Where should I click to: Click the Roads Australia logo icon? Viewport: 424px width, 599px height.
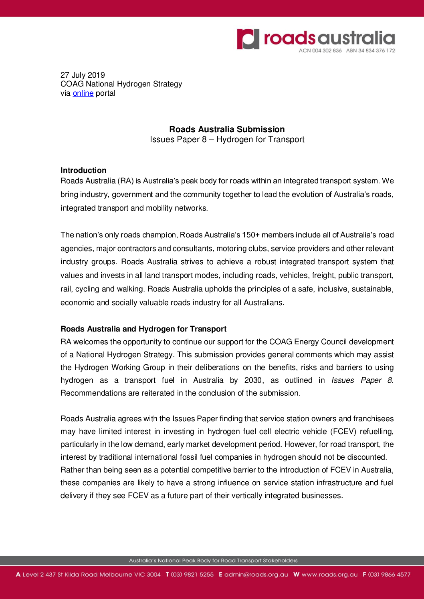click(x=248, y=39)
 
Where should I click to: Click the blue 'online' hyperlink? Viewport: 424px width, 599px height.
click(x=83, y=93)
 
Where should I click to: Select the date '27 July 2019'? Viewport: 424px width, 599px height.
click(x=83, y=75)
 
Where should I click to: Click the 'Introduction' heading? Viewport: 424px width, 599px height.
click(x=83, y=170)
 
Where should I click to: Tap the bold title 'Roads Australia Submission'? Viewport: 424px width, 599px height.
click(x=227, y=129)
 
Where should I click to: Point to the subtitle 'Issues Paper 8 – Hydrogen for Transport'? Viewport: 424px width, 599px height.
click(x=227, y=139)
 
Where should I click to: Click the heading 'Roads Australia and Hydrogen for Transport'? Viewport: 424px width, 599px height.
click(x=143, y=329)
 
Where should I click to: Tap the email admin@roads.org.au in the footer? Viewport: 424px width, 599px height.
click(x=256, y=575)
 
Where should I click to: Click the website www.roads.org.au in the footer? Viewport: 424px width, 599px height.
click(x=329, y=575)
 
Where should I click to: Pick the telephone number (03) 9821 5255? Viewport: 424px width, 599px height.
click(x=192, y=575)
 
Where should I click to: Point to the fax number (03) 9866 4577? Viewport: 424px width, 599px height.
click(x=389, y=575)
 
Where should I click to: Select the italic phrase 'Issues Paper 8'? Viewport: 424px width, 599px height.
click(x=361, y=380)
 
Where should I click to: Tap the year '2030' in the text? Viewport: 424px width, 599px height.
click(x=253, y=380)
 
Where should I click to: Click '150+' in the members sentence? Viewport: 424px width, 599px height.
click(x=250, y=235)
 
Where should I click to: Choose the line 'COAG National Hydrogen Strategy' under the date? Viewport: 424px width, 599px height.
click(x=121, y=84)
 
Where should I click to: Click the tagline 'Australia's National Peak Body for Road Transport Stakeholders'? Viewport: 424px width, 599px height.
click(x=213, y=561)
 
